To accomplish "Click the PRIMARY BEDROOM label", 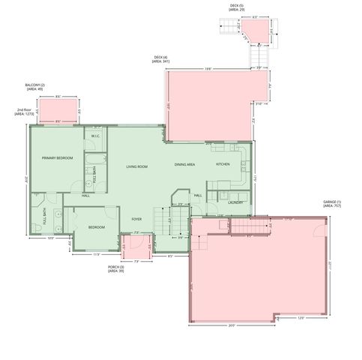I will pyautogui.click(x=57, y=158).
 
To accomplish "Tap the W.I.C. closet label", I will pyautogui.click(x=96, y=136).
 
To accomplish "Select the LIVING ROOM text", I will pyautogui.click(x=136, y=166).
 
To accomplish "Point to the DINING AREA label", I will pyautogui.click(x=185, y=164).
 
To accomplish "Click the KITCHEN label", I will pyautogui.click(x=223, y=164).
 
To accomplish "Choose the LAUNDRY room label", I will pyautogui.click(x=236, y=202).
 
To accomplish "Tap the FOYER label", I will pyautogui.click(x=137, y=219).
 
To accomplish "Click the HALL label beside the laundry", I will pyautogui.click(x=198, y=195).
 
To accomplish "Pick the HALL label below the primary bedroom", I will pyautogui.click(x=85, y=196).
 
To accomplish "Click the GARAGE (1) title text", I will pyautogui.click(x=332, y=203).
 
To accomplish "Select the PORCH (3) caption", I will pyautogui.click(x=115, y=268).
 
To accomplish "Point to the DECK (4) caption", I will pyautogui.click(x=160, y=59).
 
